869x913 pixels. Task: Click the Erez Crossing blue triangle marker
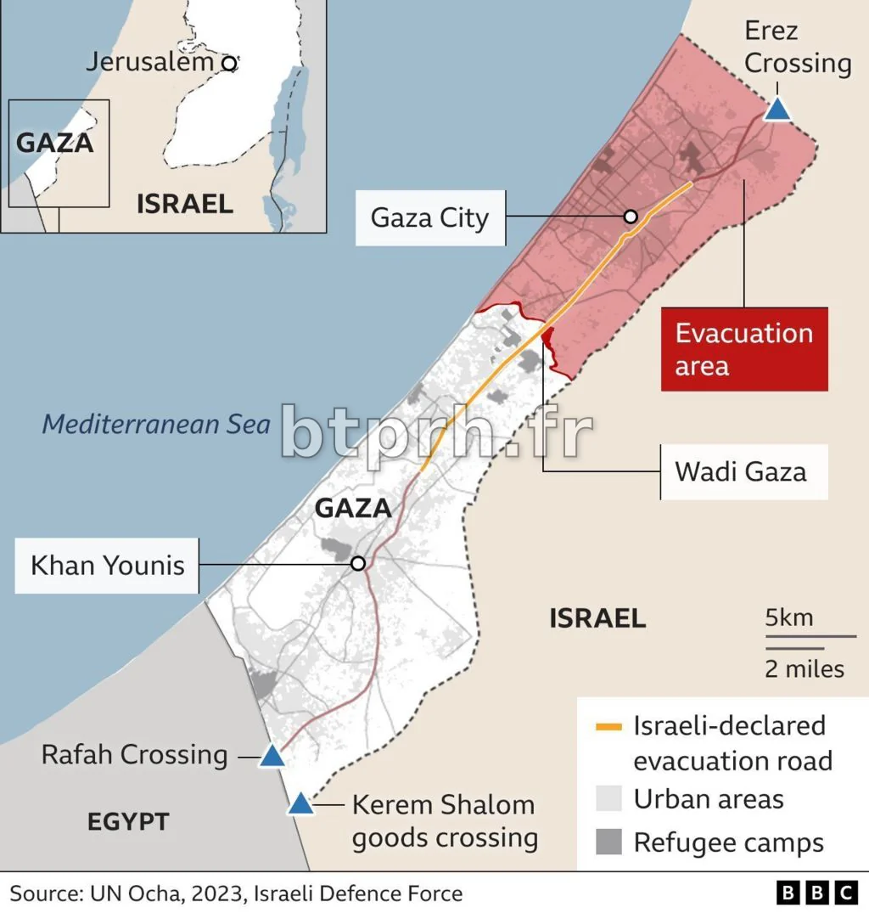777,110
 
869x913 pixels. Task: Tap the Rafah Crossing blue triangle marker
272,755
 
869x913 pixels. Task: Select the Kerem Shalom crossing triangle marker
300,803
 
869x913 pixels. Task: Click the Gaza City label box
429,218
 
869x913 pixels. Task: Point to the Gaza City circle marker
631,217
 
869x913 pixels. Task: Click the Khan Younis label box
107,565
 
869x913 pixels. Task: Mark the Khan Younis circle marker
358,563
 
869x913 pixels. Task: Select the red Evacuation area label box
744,349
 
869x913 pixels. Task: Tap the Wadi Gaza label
740,471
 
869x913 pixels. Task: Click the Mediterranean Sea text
156,424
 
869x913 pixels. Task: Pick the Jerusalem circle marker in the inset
228,63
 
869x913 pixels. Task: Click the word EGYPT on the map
128,821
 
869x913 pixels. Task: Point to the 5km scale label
788,617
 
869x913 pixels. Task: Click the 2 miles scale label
805,668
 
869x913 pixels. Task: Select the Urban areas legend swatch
608,799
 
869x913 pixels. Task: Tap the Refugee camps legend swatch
608,843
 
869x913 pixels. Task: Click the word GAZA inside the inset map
54,142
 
